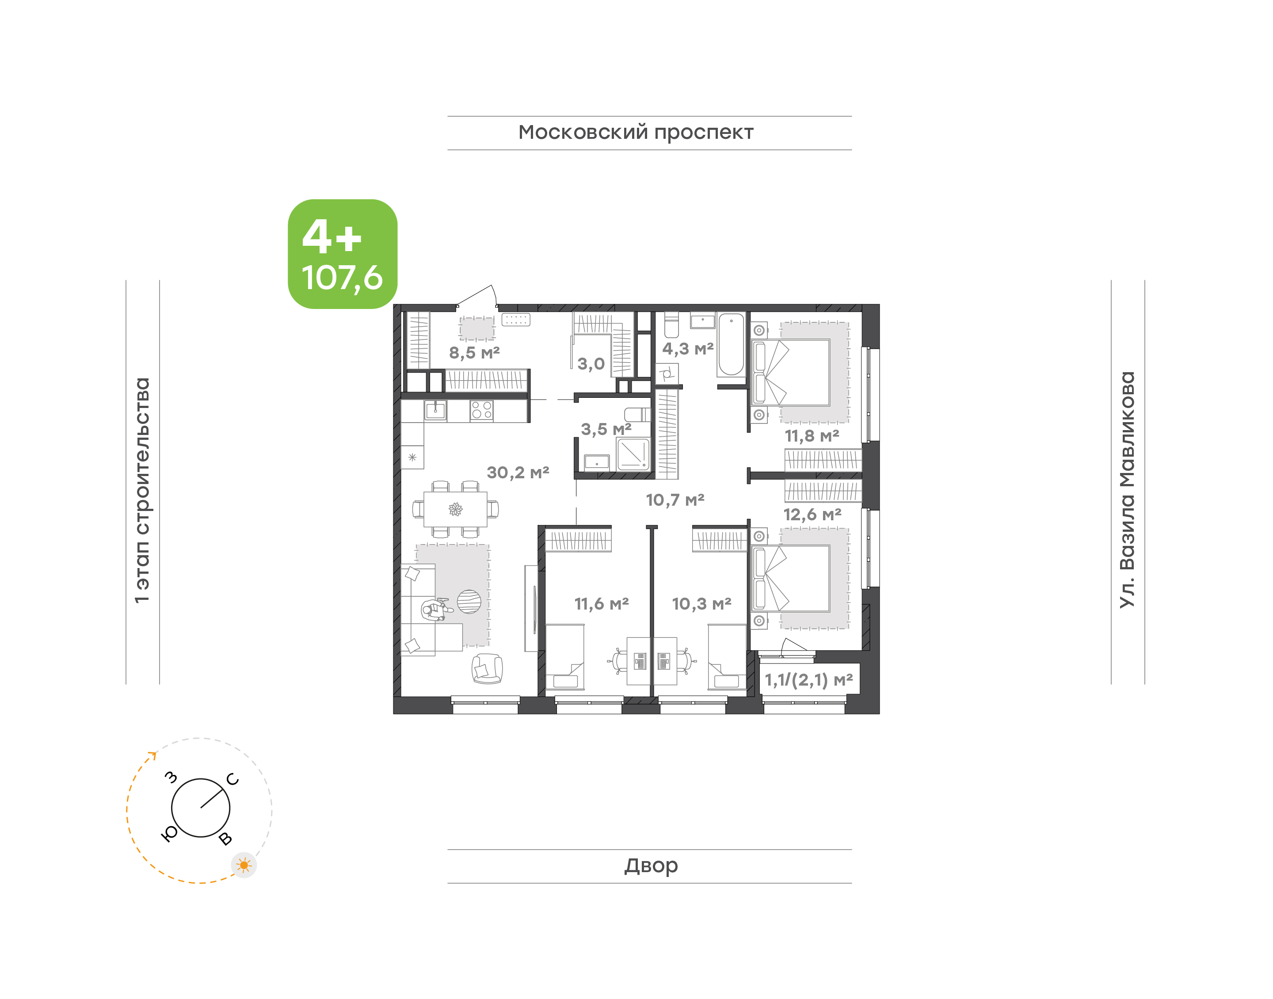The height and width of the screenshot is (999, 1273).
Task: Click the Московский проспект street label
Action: (636, 133)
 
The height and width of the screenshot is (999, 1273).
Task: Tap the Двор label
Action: (651, 866)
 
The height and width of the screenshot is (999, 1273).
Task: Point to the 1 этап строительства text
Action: (142, 491)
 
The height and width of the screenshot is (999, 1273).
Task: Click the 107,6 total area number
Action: (342, 278)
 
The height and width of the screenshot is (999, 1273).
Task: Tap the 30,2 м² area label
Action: (518, 472)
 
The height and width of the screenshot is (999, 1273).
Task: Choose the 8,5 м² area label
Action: (474, 353)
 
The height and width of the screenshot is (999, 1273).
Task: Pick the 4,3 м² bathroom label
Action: (688, 349)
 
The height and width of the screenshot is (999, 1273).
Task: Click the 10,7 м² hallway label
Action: (675, 500)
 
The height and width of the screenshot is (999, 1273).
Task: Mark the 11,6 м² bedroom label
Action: (601, 604)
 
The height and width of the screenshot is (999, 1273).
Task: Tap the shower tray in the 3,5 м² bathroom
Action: (633, 454)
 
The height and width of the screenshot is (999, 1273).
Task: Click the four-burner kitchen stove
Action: (481, 411)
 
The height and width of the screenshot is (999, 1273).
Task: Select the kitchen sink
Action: (435, 411)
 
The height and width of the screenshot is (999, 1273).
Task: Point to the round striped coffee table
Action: (469, 601)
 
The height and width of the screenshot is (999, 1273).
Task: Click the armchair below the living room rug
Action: (487, 668)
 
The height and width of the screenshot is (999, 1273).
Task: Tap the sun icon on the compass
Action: (244, 865)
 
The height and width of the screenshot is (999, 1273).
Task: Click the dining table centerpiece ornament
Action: (456, 509)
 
